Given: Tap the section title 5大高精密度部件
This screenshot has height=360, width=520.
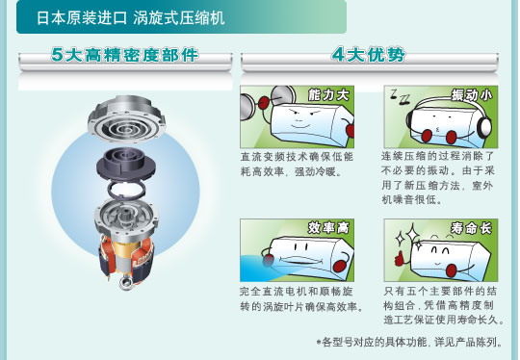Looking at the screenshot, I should [125, 57].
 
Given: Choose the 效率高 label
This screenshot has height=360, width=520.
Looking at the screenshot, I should [328, 228].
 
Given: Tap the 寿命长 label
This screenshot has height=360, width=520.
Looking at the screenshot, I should [471, 228].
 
